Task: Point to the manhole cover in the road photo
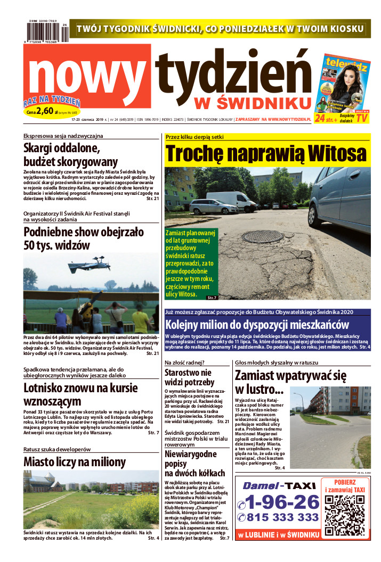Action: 262,236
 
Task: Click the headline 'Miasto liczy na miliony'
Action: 75,461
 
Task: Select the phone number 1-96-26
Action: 278,502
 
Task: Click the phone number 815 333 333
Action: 282,517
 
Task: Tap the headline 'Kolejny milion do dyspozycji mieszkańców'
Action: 257,325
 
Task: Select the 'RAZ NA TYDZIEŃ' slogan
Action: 52,101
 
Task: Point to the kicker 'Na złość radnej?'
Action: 183,362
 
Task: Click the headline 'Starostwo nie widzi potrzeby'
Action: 188,378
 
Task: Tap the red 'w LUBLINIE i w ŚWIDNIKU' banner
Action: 278,534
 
